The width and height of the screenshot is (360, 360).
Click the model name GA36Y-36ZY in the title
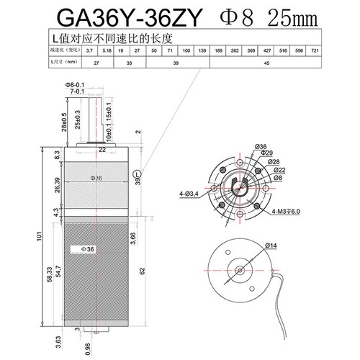tap(120, 15)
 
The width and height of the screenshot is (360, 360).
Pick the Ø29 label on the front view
tap(263, 153)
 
